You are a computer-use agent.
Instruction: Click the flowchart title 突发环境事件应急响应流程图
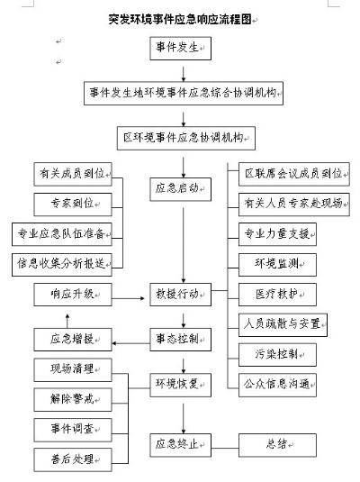180,19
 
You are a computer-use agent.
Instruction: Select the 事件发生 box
181,49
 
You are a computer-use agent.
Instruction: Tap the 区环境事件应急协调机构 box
186,139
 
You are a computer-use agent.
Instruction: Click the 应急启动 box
181,189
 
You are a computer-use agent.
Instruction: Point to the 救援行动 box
181,295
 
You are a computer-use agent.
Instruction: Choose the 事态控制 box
181,340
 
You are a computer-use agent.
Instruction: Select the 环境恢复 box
181,385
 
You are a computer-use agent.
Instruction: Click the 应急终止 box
181,445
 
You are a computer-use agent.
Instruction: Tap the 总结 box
278,445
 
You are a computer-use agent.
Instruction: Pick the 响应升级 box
73,295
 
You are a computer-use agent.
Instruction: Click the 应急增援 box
73,340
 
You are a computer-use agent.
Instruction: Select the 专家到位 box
73,205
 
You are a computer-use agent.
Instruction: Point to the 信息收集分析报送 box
62,265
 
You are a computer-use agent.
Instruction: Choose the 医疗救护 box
278,295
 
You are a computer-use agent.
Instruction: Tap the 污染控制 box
278,355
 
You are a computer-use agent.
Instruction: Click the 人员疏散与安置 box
283,325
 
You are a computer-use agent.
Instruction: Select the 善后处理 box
73,459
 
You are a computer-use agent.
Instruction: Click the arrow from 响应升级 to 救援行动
128,298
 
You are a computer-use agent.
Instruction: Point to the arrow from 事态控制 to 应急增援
130,343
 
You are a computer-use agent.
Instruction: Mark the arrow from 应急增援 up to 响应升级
67,321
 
